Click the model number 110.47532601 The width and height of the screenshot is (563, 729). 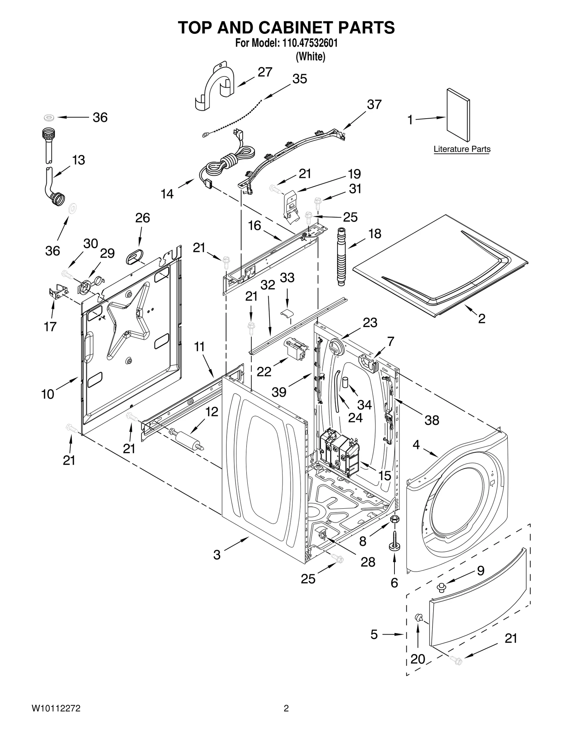(x=309, y=43)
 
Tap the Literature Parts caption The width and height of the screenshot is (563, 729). (x=462, y=149)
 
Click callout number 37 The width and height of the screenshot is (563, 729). (x=374, y=105)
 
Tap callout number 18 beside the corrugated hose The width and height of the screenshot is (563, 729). (x=375, y=234)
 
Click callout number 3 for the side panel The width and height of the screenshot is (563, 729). (x=217, y=555)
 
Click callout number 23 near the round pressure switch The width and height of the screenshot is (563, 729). (x=370, y=322)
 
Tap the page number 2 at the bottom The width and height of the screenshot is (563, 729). (x=286, y=708)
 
